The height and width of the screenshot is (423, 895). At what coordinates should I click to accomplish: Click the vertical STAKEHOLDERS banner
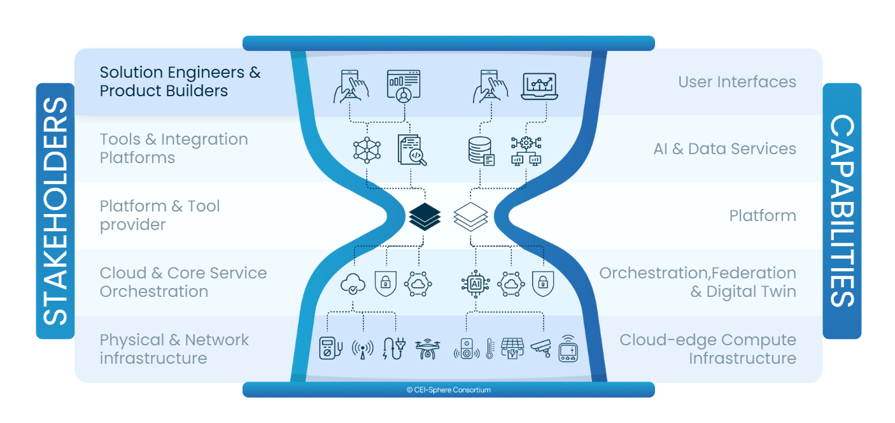click(55, 210)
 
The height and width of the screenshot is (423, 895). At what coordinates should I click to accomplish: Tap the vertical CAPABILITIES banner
click(842, 210)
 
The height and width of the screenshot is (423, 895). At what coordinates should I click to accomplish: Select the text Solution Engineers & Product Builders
click(180, 82)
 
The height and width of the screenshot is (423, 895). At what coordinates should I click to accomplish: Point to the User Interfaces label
click(736, 82)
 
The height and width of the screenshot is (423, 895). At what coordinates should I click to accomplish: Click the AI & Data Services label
click(724, 148)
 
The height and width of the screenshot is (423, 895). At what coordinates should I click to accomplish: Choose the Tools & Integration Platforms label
click(174, 148)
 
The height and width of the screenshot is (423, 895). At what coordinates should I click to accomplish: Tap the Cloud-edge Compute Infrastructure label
click(708, 349)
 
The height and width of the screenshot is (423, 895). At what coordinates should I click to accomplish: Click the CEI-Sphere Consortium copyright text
click(448, 390)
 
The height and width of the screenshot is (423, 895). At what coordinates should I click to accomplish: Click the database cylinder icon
click(479, 151)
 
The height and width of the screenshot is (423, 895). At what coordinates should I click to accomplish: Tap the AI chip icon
click(475, 283)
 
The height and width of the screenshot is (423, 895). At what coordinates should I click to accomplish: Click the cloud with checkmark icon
click(353, 283)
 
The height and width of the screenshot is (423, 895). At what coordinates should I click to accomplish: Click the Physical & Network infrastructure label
click(174, 349)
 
